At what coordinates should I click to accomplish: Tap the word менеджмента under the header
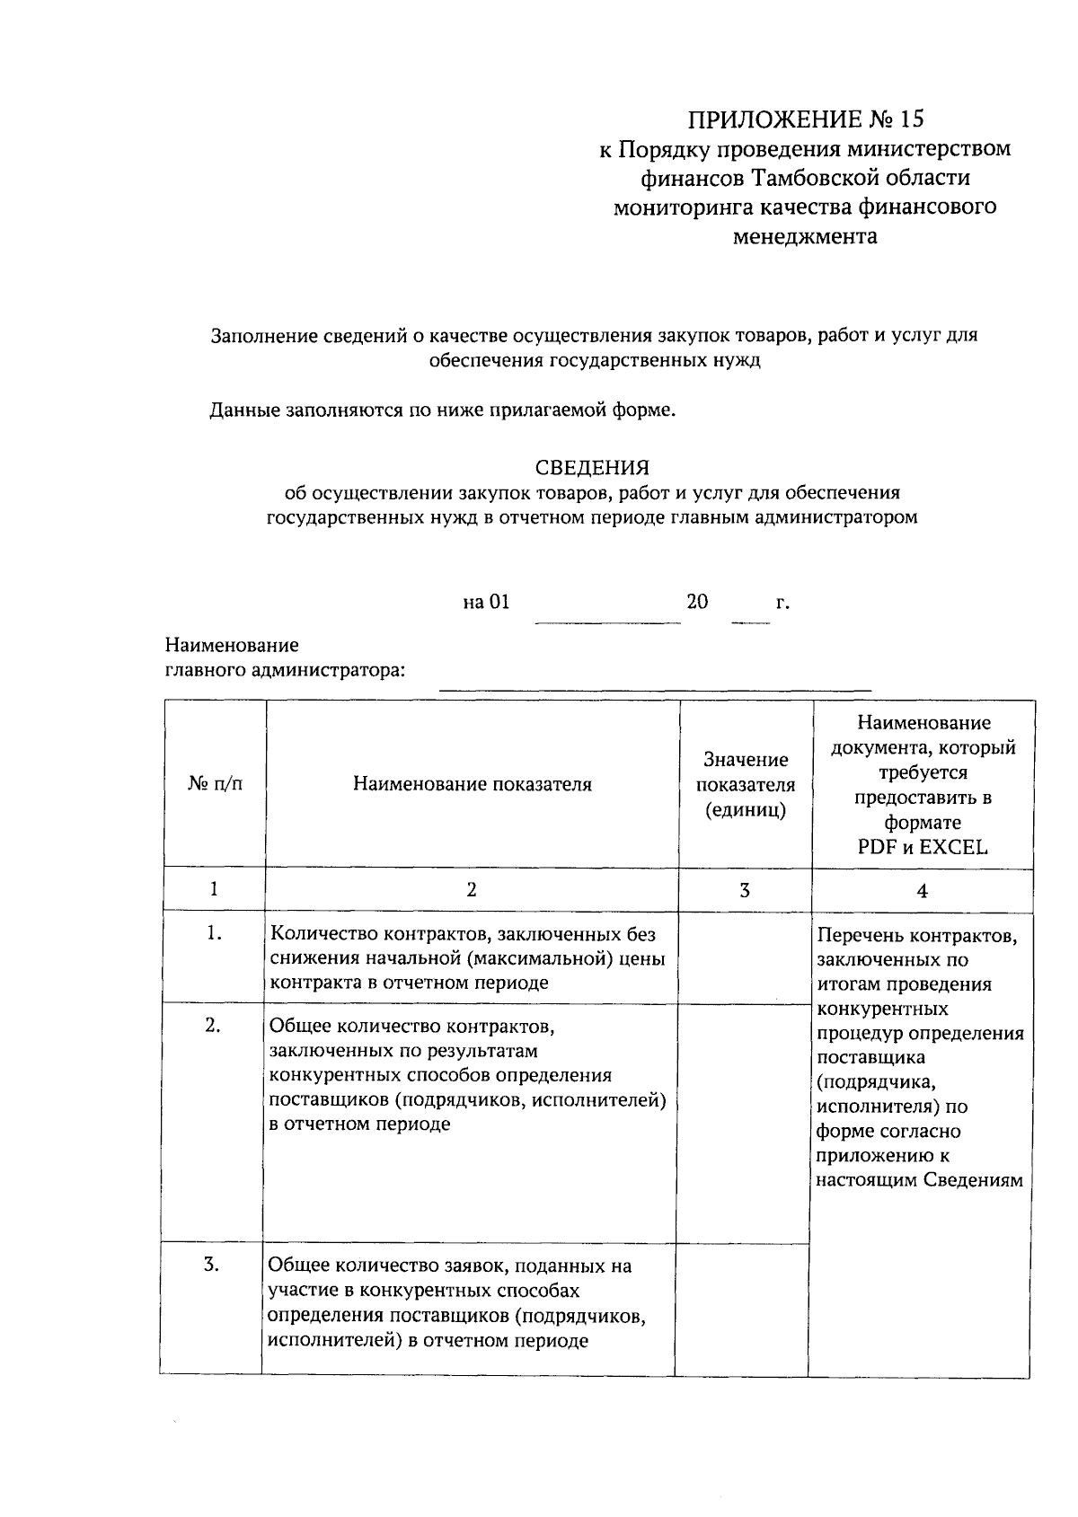click(805, 237)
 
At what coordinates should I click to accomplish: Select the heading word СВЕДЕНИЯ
click(592, 468)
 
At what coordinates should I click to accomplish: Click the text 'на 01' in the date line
click(486, 602)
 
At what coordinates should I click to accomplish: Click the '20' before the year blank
click(697, 602)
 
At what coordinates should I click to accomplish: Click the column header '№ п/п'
click(215, 784)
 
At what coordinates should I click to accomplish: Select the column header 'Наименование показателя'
click(472, 784)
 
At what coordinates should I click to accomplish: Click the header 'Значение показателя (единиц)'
click(745, 784)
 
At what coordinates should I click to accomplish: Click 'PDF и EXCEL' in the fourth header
click(923, 847)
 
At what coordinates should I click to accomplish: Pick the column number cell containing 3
click(745, 890)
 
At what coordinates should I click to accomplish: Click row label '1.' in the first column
click(214, 934)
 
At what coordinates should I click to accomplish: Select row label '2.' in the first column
click(213, 1026)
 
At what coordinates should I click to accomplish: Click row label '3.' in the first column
click(212, 1266)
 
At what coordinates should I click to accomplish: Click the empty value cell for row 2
click(743, 1123)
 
